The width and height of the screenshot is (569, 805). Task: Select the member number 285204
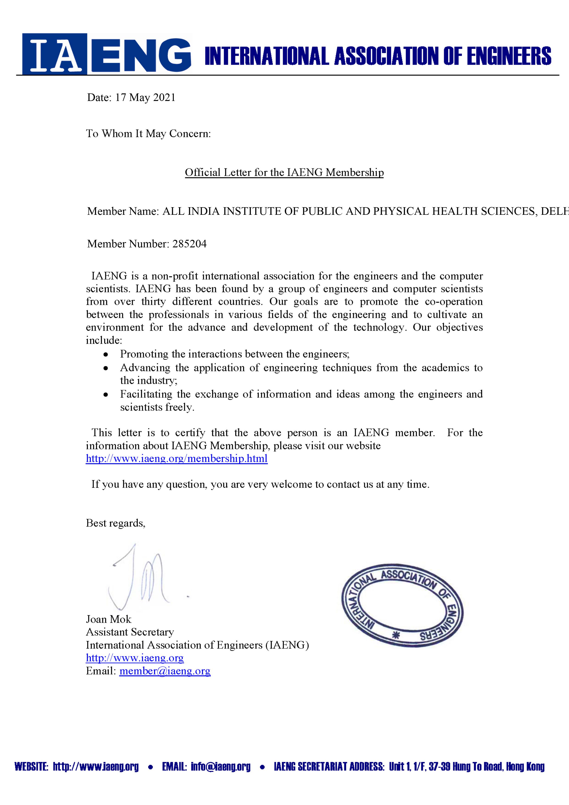[x=189, y=244]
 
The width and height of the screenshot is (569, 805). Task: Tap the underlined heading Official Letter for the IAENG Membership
[x=284, y=173]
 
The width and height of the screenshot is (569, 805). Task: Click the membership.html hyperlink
[x=177, y=458]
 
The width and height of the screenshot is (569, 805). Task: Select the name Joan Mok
[x=109, y=619]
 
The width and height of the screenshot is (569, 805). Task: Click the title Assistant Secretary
[x=130, y=632]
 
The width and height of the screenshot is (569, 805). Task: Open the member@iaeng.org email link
[x=165, y=671]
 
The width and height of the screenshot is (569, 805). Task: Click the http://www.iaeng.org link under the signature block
[x=135, y=658]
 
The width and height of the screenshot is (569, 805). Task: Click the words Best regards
[x=115, y=523]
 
